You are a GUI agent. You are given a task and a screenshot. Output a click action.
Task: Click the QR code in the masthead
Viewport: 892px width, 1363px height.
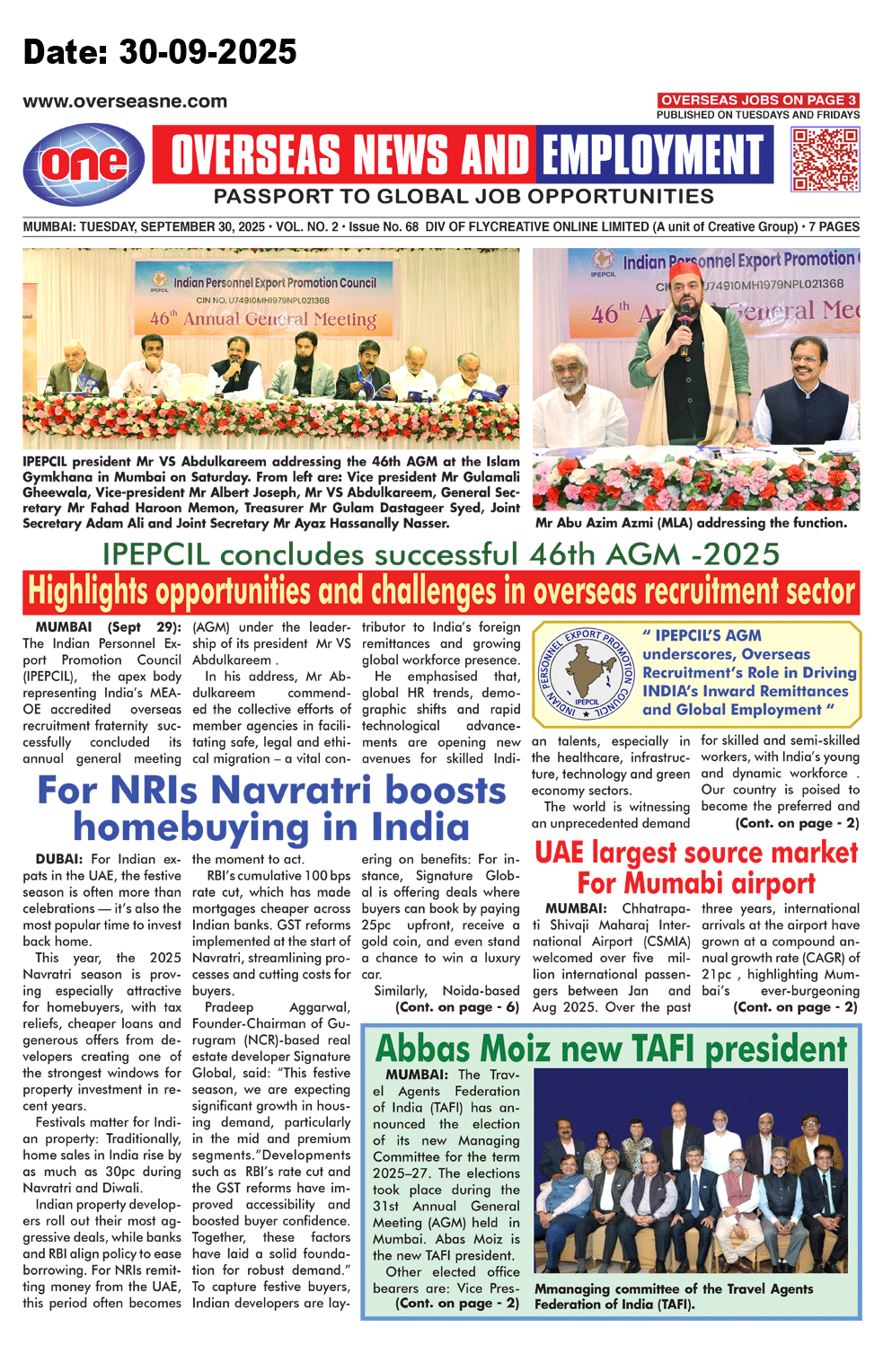pyautogui.click(x=825, y=159)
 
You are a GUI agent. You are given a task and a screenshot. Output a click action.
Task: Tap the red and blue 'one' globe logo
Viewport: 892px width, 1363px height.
pyautogui.click(x=84, y=164)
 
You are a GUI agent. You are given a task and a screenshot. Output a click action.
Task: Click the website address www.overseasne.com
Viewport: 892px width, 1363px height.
pyautogui.click(x=125, y=102)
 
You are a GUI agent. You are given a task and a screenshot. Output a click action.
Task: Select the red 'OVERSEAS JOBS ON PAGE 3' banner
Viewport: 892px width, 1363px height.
pyautogui.click(x=758, y=100)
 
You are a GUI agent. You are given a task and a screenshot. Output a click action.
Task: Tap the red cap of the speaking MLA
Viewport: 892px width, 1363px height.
pyautogui.click(x=685, y=268)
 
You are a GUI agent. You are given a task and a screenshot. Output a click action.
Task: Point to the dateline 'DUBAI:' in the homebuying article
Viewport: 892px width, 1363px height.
pyautogui.click(x=60, y=859)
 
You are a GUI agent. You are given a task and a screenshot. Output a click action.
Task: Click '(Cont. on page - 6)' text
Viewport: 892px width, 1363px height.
pyautogui.click(x=457, y=1007)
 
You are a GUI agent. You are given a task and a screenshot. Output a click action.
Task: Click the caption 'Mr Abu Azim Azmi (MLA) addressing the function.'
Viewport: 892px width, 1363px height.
pyautogui.click(x=691, y=523)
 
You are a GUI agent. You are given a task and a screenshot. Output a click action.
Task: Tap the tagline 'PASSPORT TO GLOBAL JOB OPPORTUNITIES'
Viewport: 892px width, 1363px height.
pyautogui.click(x=464, y=196)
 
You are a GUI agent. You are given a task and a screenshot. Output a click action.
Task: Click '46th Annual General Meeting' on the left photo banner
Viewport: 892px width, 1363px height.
pyautogui.click(x=262, y=319)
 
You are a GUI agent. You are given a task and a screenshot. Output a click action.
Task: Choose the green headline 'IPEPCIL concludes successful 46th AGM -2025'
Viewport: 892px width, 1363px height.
pyautogui.click(x=440, y=553)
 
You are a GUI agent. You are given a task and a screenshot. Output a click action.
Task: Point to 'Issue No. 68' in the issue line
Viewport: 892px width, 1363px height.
pyautogui.click(x=384, y=227)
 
